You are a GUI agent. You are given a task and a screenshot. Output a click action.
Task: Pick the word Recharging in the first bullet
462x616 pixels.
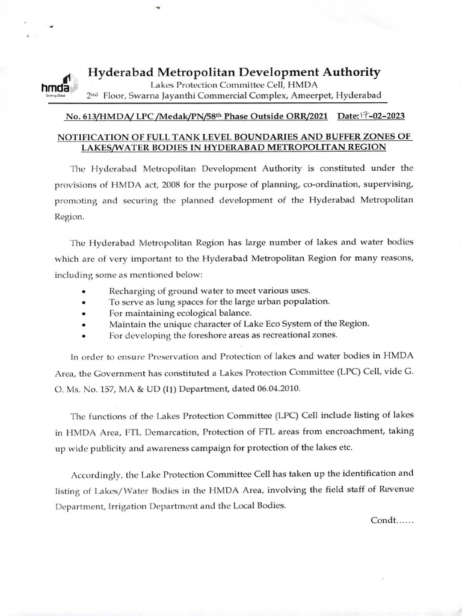coord(132,290)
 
